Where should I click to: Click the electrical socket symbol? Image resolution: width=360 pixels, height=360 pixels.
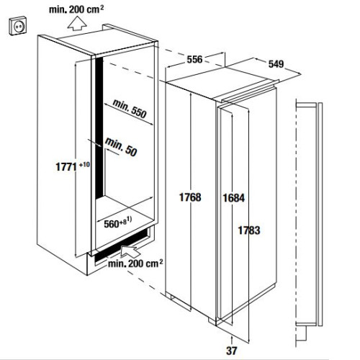[18, 25]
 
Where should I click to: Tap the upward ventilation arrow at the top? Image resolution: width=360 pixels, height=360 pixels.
[77, 23]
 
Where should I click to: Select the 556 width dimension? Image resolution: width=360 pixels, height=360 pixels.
[194, 59]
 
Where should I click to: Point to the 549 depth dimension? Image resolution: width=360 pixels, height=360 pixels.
[276, 64]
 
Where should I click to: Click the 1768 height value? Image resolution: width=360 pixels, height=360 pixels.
[190, 197]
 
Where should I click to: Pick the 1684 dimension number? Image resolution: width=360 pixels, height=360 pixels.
[234, 198]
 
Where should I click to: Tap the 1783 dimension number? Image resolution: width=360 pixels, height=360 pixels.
[249, 230]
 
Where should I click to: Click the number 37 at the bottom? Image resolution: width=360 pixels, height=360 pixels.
[231, 351]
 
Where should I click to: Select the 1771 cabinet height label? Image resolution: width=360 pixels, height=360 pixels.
[66, 167]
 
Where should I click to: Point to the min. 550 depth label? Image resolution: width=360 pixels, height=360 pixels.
[130, 109]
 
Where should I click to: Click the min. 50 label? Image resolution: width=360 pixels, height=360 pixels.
[121, 147]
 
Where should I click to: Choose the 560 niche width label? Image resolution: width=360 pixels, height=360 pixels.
[112, 224]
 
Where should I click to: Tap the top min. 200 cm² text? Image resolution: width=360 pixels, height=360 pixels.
[76, 9]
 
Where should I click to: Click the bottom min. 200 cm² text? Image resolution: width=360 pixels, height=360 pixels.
[135, 264]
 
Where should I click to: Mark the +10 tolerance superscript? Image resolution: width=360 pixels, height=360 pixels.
[84, 164]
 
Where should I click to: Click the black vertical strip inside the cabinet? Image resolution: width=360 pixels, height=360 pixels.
[99, 128]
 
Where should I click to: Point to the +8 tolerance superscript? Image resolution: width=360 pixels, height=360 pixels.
[123, 222]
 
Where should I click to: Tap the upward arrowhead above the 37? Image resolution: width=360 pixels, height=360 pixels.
[232, 338]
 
